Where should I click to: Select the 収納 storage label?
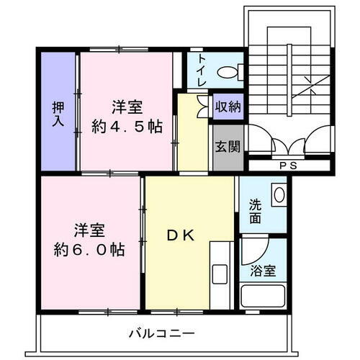coord(228,107)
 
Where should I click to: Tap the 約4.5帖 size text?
coord(127,126)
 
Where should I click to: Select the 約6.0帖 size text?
coord(91,250)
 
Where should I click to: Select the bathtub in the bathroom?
coord(264,296)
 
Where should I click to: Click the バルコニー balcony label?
coord(162,333)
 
